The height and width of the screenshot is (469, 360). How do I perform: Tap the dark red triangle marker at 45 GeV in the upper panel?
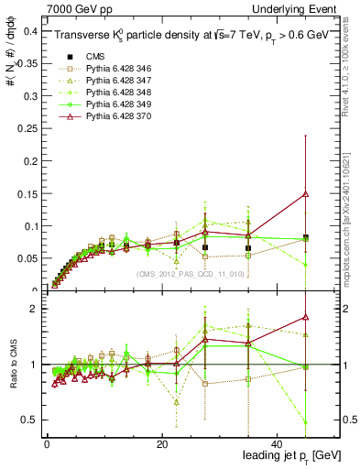[305, 193]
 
